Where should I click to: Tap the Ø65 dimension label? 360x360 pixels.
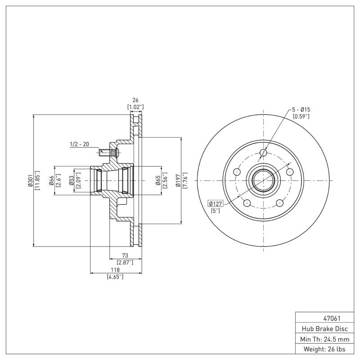pyautogui.click(x=158, y=180)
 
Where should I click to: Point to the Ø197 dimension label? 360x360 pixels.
pyautogui.click(x=178, y=180)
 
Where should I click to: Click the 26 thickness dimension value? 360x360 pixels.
pyautogui.click(x=135, y=101)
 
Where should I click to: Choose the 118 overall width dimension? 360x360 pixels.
pyautogui.click(x=115, y=270)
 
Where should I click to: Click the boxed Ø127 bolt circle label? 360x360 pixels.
pyautogui.click(x=216, y=203)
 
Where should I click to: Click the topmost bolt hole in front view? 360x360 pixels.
pyautogui.click(x=264, y=153)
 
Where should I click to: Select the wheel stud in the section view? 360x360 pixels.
pyautogui.click(x=108, y=153)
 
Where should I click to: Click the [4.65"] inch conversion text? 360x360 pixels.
pyautogui.click(x=115, y=277)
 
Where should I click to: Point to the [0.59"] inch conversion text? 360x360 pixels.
pyautogui.click(x=301, y=117)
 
